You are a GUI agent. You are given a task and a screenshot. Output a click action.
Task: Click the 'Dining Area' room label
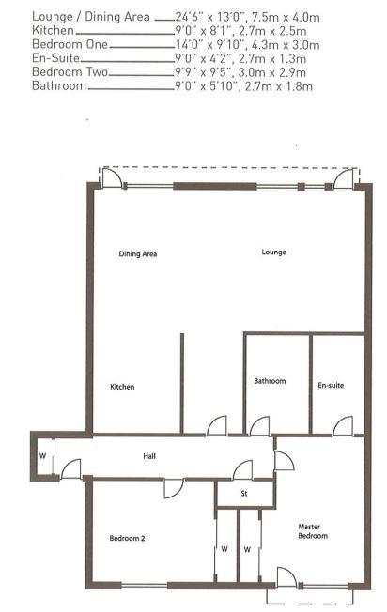[138, 254]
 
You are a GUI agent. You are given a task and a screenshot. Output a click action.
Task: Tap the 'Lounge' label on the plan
[273, 252]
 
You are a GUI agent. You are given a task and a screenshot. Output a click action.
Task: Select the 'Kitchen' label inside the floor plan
[122, 387]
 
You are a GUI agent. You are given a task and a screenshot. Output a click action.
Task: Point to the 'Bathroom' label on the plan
[270, 381]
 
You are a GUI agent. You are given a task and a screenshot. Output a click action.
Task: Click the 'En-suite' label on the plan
[331, 385]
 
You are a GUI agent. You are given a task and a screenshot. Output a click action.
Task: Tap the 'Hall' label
[149, 456]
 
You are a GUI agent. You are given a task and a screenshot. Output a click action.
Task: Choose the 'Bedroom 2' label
[127, 538]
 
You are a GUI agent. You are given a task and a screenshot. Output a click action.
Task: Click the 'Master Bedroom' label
[313, 531]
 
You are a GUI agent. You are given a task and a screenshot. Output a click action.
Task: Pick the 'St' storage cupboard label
[244, 494]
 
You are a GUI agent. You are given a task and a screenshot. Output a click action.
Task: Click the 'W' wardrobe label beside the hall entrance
[42, 456]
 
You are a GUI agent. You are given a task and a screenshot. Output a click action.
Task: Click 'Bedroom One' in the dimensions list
[70, 44]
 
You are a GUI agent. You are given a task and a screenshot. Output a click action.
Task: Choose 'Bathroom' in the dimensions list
[59, 85]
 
